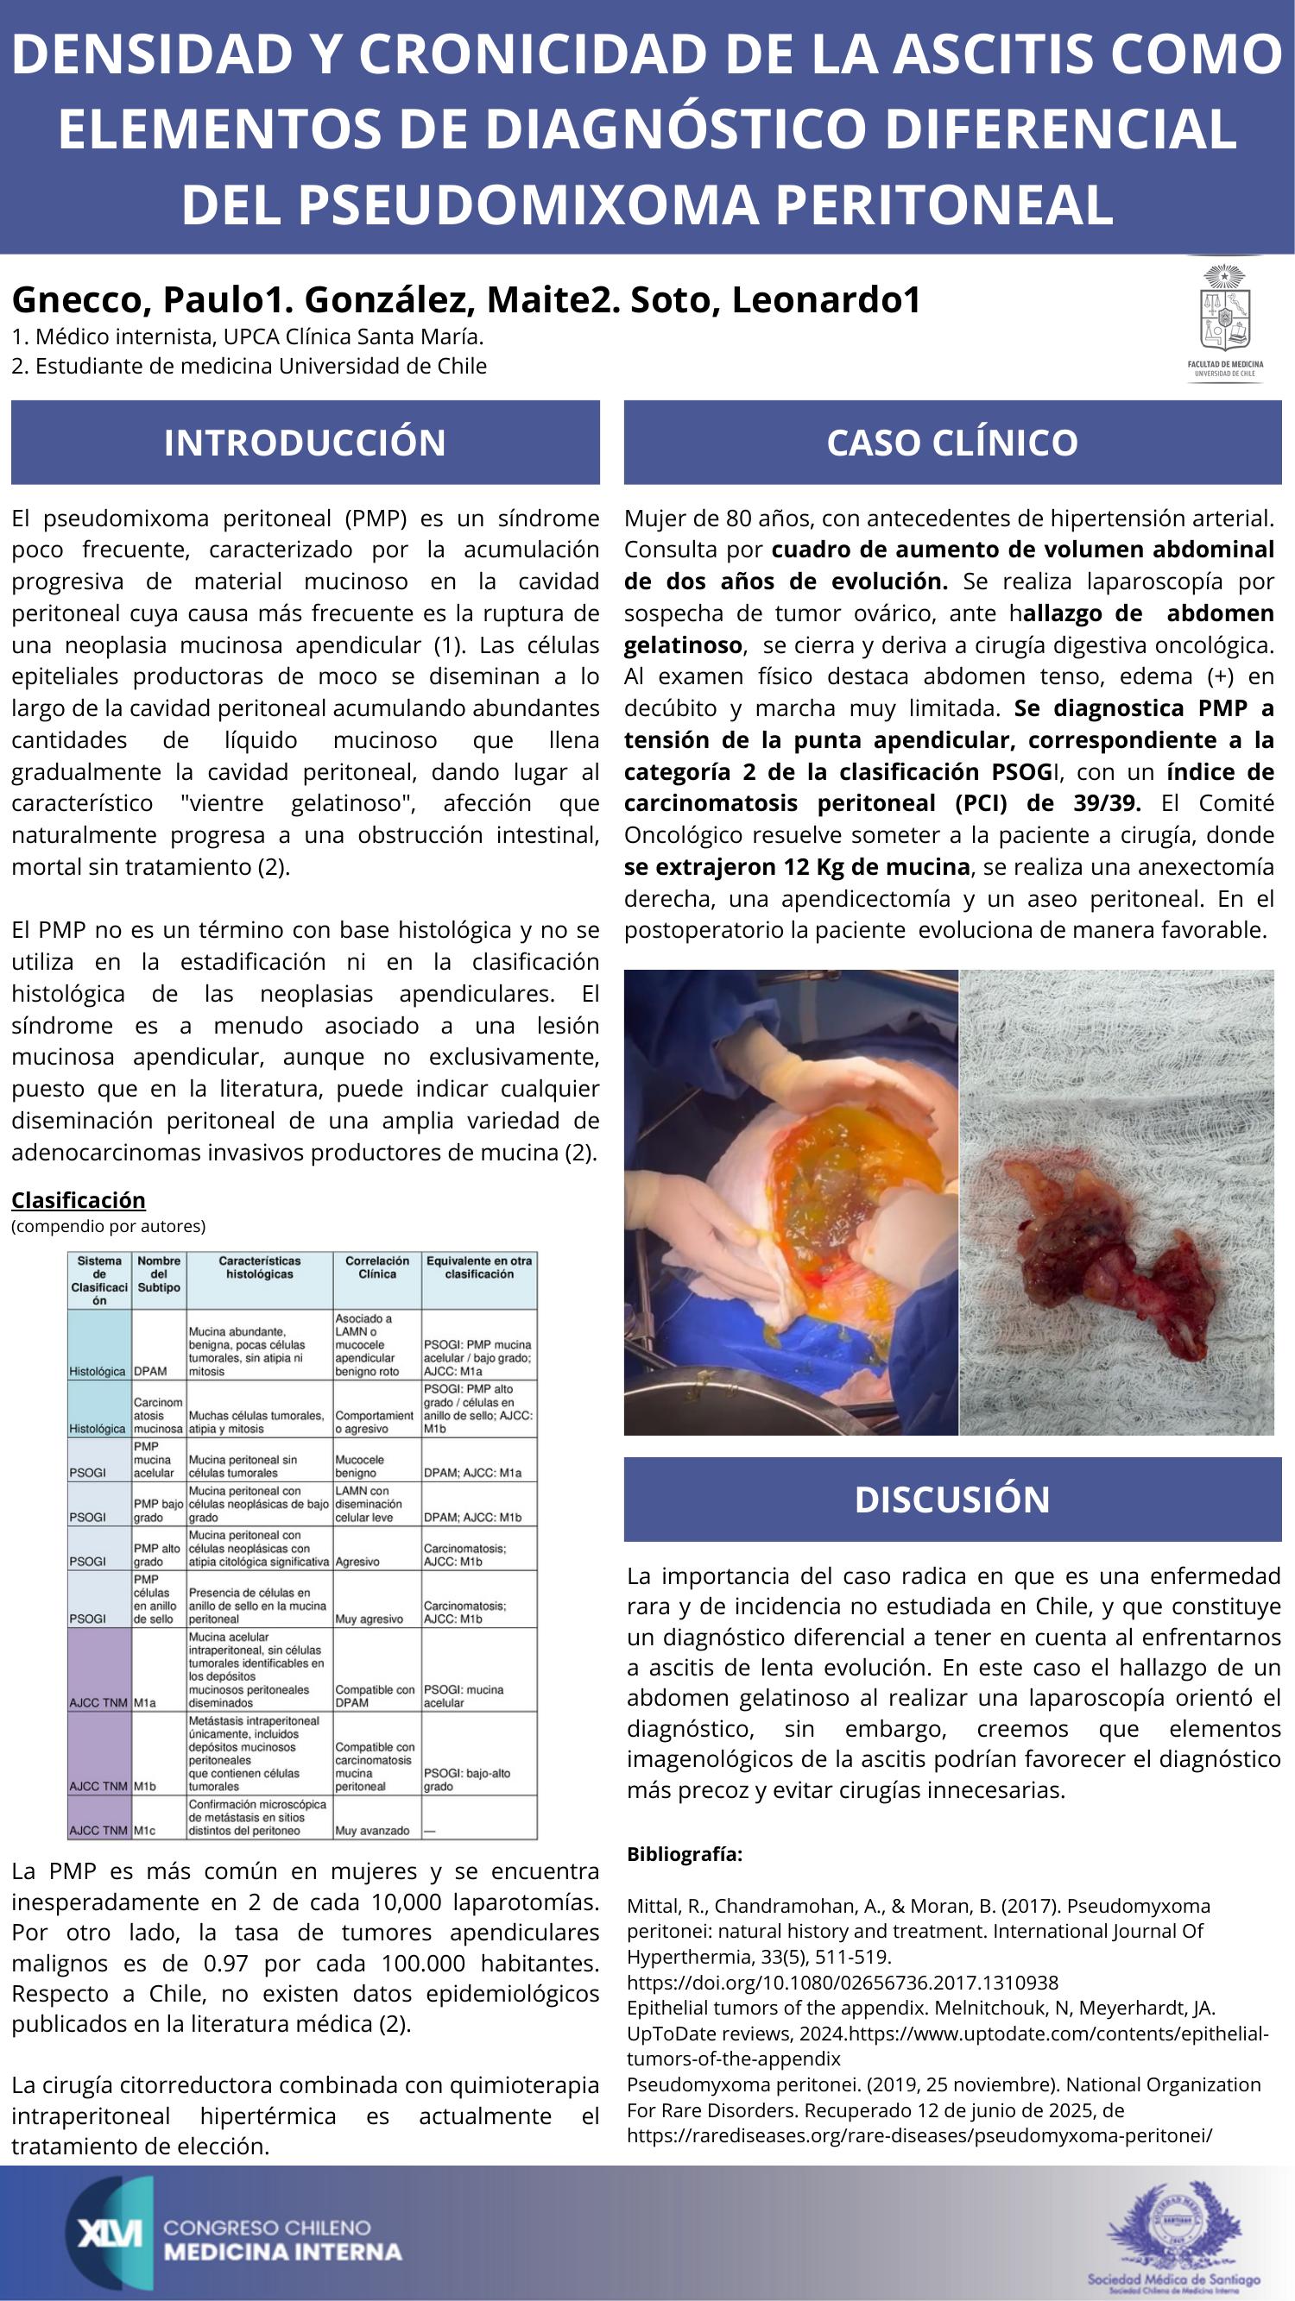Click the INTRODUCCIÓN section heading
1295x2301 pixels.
[x=305, y=442]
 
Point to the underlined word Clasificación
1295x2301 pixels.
[x=79, y=1198]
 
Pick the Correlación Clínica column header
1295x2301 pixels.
[x=377, y=1267]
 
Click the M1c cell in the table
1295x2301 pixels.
[x=145, y=1830]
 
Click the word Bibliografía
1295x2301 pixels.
[x=685, y=1853]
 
